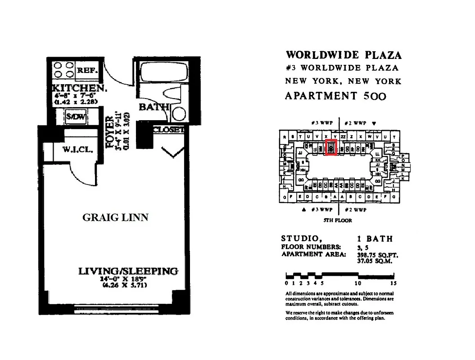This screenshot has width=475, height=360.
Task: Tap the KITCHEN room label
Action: (x=80, y=88)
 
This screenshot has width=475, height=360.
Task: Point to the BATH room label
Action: (x=154, y=107)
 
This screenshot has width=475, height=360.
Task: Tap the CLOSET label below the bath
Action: (x=169, y=130)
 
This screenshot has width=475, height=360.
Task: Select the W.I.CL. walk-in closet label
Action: (x=78, y=150)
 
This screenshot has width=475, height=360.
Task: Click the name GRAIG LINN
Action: (x=115, y=218)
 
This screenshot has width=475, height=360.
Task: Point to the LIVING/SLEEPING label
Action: (x=128, y=271)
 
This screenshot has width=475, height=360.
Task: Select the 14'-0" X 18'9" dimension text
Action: (x=125, y=279)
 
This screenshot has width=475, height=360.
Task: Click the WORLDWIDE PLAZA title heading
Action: (x=344, y=55)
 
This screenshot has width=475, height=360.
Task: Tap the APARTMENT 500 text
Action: (x=335, y=96)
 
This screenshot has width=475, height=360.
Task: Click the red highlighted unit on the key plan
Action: (x=331, y=148)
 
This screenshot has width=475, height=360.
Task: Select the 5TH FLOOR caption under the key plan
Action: (x=338, y=220)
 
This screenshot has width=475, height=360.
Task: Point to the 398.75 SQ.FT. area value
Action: (x=377, y=255)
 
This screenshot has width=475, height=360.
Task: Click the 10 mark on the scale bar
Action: (x=357, y=283)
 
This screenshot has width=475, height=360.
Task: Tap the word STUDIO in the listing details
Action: (x=299, y=238)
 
